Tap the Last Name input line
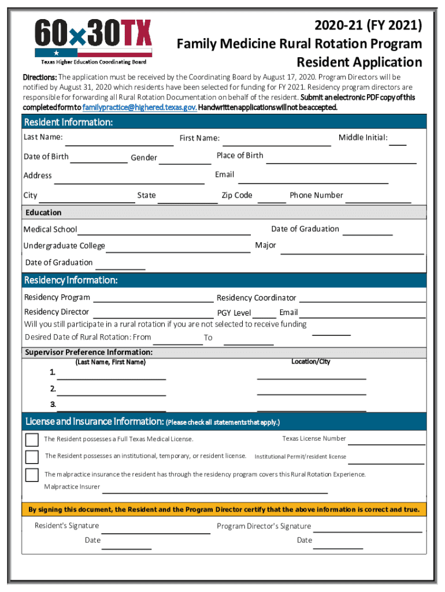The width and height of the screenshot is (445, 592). pyautogui.click(x=115, y=143)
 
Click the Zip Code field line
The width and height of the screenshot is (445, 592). pyautogui.click(x=272, y=202)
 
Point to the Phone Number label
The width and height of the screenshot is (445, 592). pyautogui.click(x=316, y=195)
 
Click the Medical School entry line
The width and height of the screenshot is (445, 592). pyautogui.click(x=164, y=233)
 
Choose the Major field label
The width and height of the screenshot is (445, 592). pyautogui.click(x=266, y=245)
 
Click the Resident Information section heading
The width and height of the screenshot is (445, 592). pyautogui.click(x=68, y=123)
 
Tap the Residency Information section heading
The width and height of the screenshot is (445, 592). pyautogui.click(x=71, y=280)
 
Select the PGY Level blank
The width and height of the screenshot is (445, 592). pyautogui.click(x=265, y=317)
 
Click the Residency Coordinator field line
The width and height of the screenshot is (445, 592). pyautogui.click(x=362, y=301)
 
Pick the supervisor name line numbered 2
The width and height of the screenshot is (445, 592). pyautogui.click(x=111, y=394)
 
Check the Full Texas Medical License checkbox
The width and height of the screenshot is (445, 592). pyautogui.click(x=32, y=439)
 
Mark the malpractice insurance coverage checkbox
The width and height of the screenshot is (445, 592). pyautogui.click(x=32, y=475)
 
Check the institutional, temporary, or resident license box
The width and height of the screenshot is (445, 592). pyautogui.click(x=32, y=457)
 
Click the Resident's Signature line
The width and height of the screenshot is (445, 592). pyautogui.click(x=156, y=531)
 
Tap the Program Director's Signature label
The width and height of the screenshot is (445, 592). pyautogui.click(x=264, y=526)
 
